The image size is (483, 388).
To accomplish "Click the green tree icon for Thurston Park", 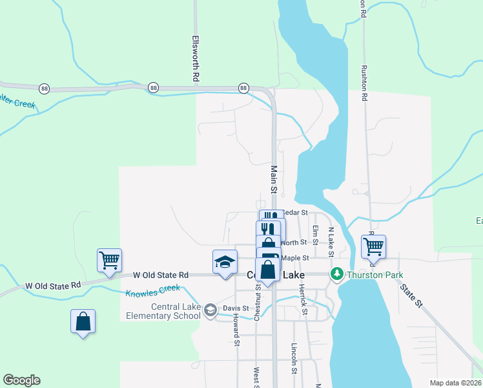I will pyautogui.click(x=336, y=275).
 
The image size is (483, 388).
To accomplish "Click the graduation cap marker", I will pyautogui.click(x=225, y=263).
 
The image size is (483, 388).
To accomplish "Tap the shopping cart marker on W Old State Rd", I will pyautogui.click(x=109, y=261).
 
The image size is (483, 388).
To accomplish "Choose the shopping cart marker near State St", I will pyautogui.click(x=373, y=246).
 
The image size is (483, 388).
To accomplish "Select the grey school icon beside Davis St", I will pyautogui.click(x=210, y=311).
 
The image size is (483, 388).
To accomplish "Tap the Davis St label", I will pyautogui.click(x=236, y=308).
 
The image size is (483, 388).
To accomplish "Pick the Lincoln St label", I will pyautogui.click(x=294, y=359).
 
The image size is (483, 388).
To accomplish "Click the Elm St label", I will pyautogui.click(x=315, y=235).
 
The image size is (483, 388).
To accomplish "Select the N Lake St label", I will pyautogui.click(x=331, y=238).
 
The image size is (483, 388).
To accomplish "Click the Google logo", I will pyautogui.click(x=21, y=380).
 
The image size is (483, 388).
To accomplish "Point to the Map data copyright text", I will pyautogui.click(x=455, y=383).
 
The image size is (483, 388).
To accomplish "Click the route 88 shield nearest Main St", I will pyautogui.click(x=243, y=87).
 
